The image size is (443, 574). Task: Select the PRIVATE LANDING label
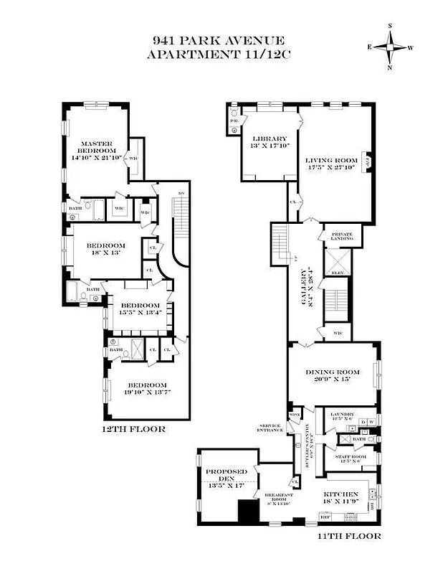tap(338, 237)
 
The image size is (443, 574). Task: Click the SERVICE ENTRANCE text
tap(270, 428)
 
